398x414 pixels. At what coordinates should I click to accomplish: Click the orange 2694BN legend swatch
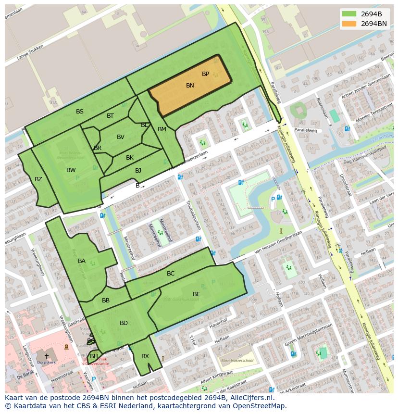coord(349,24)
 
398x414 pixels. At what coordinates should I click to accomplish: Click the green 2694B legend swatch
coord(349,14)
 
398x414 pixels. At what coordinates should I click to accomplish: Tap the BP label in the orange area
coord(205,74)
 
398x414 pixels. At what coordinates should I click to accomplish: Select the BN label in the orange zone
coord(190,86)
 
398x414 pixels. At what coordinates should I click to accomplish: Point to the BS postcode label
coord(80,112)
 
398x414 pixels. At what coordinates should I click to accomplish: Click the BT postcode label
coord(110,116)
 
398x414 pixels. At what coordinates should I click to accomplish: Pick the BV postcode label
coord(121,137)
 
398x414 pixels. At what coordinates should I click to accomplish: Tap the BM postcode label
coord(162,129)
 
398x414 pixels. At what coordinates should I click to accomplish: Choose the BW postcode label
coord(71,170)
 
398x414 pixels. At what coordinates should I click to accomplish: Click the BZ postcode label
coord(38,179)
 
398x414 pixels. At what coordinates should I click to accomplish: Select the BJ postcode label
coord(138,171)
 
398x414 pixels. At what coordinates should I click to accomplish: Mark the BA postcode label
coord(82,261)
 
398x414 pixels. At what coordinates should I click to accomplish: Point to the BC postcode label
coord(171,274)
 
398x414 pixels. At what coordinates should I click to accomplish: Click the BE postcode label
coord(197,294)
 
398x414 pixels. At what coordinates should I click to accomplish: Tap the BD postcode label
coord(124,323)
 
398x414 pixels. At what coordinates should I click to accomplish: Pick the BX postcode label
coord(145,356)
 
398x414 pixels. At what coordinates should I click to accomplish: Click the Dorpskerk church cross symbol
coord(47,356)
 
